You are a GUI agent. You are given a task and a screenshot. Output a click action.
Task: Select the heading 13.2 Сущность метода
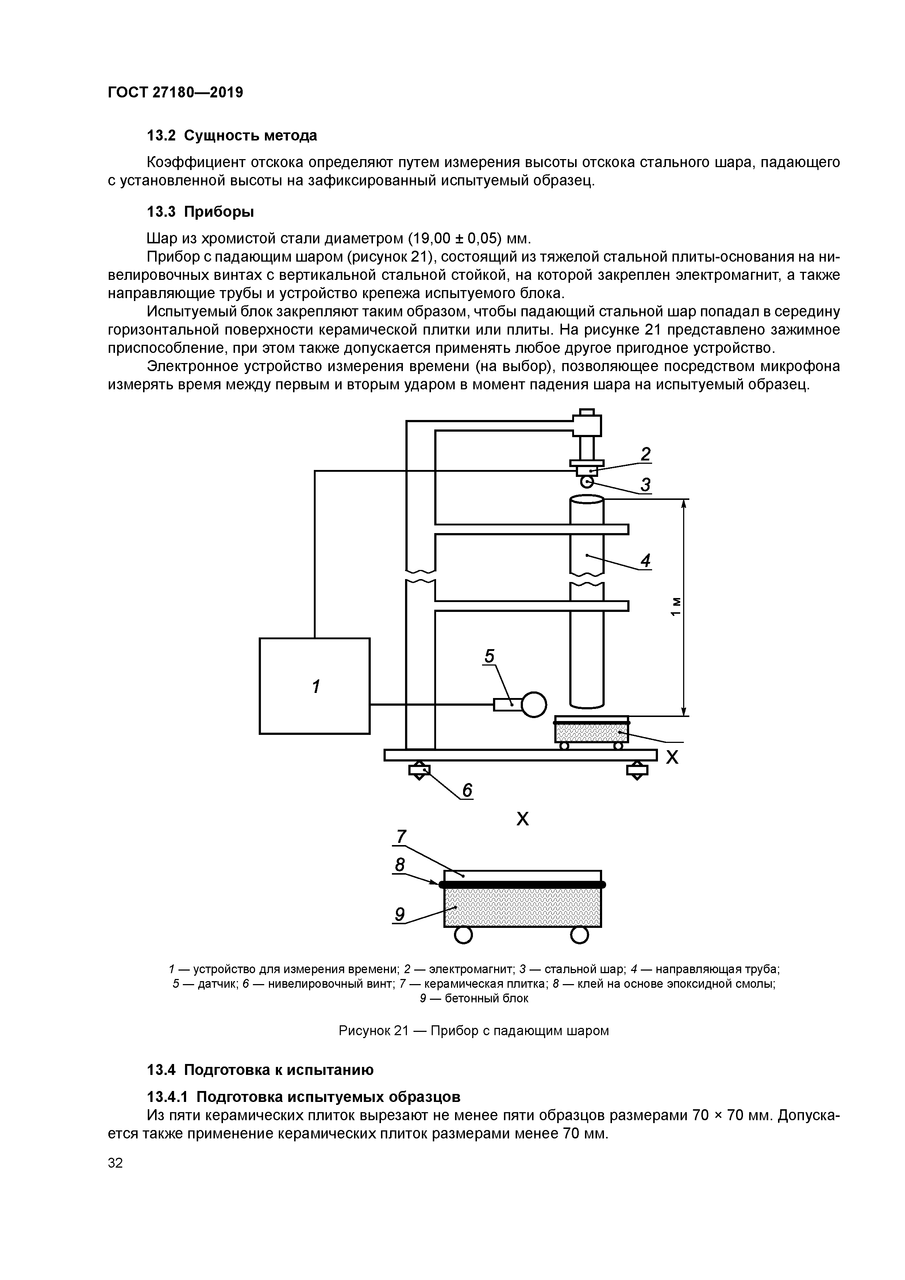click(231, 135)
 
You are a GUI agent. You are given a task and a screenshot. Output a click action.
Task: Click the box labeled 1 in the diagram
click(315, 686)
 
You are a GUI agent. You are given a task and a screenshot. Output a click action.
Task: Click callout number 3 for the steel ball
click(645, 485)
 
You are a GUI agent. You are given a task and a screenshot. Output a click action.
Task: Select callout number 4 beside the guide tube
click(645, 560)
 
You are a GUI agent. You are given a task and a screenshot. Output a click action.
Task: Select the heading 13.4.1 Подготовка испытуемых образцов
click(303, 1096)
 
